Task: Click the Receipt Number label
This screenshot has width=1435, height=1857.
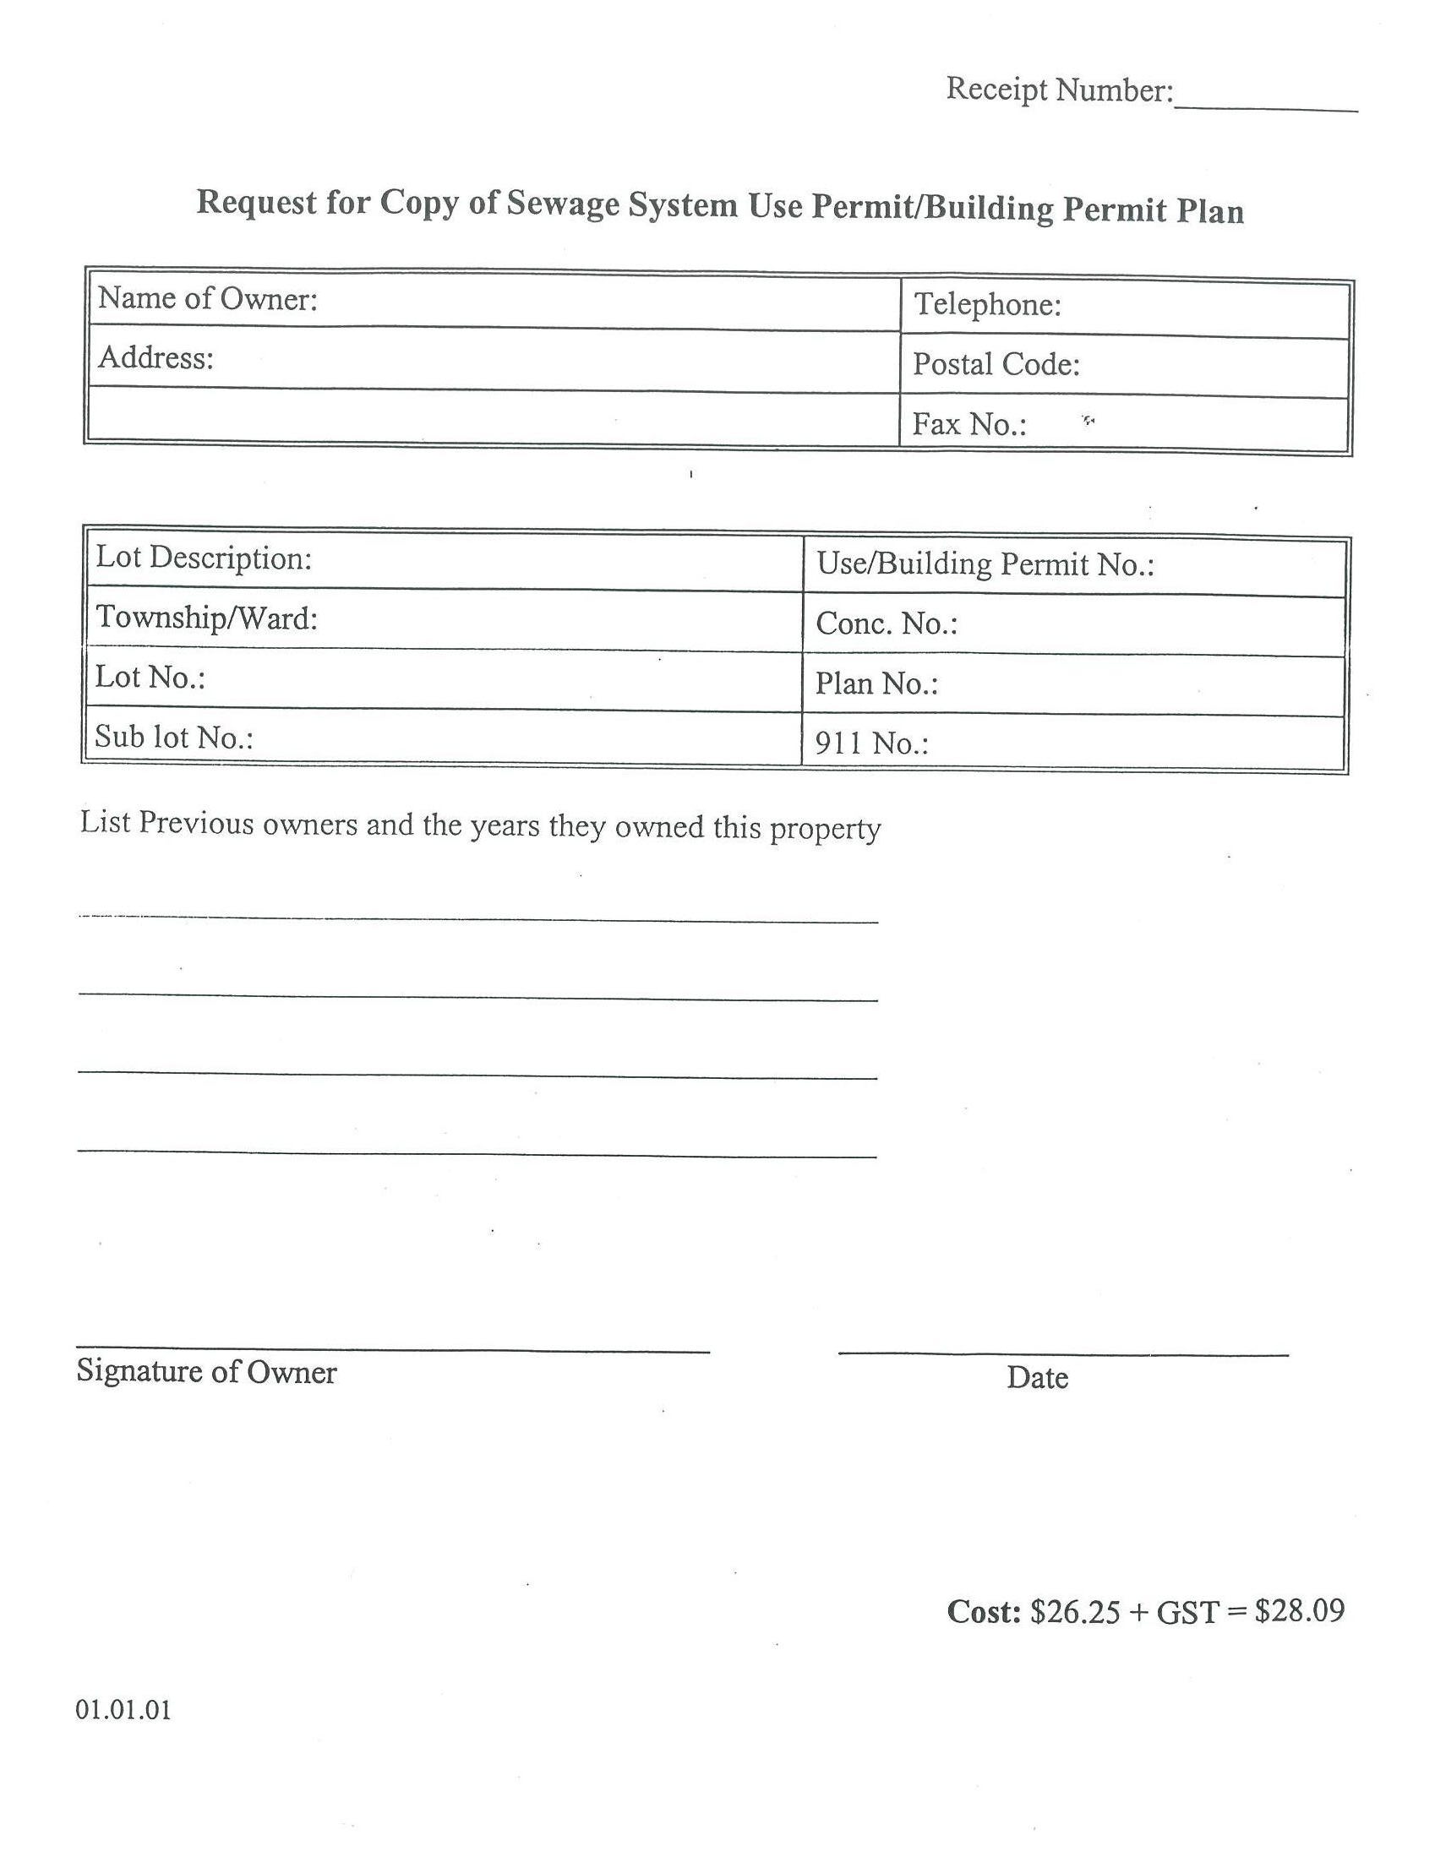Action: pyautogui.click(x=1059, y=90)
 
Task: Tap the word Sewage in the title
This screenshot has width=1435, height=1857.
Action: pyautogui.click(x=562, y=204)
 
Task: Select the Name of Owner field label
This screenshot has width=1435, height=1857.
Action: pyautogui.click(x=208, y=298)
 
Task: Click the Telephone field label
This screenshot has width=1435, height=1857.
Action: pyautogui.click(x=987, y=304)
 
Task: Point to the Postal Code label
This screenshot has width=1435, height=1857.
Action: pyautogui.click(x=996, y=365)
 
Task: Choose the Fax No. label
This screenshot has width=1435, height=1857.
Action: pyautogui.click(x=968, y=423)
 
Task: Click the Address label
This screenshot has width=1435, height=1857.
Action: pyautogui.click(x=156, y=358)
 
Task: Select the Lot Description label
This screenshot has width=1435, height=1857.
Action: pyautogui.click(x=205, y=558)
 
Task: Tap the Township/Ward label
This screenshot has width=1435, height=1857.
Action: pyautogui.click(x=207, y=618)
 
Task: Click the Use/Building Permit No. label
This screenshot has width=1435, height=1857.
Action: pyautogui.click(x=985, y=564)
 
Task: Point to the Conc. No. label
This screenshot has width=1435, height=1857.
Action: pyautogui.click(x=887, y=624)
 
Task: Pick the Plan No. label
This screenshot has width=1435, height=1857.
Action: pyautogui.click(x=876, y=683)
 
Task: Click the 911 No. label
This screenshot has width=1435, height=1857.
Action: pyautogui.click(x=871, y=744)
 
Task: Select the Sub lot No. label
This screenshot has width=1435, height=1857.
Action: pyautogui.click(x=173, y=737)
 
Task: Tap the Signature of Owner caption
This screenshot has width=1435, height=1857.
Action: pyautogui.click(x=207, y=1371)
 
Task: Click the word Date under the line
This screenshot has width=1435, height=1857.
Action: pyautogui.click(x=1037, y=1377)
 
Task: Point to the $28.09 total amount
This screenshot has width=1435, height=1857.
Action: pyautogui.click(x=1299, y=1610)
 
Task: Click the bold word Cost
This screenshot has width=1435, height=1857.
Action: pyautogui.click(x=984, y=1611)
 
